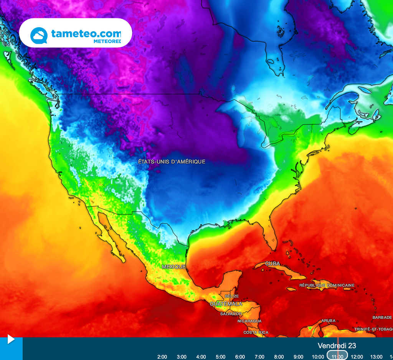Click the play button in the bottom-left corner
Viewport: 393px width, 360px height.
pos(11,339)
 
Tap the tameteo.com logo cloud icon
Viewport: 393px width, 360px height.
pos(39,35)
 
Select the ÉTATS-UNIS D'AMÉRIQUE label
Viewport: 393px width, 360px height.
pos(172,162)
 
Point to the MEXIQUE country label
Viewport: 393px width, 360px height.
pos(173,266)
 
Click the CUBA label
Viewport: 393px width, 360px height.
pos(272,264)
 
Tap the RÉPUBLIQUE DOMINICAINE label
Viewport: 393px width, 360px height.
pos(327,285)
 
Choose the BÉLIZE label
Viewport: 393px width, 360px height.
pos(232,296)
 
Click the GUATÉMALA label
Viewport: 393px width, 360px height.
pos(226,304)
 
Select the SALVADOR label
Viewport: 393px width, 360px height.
pos(231,314)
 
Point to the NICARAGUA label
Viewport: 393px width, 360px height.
pos(249,321)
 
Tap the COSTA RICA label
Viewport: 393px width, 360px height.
pos(256,332)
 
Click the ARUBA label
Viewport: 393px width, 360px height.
pos(329,320)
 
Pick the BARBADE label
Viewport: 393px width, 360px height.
pos(382,317)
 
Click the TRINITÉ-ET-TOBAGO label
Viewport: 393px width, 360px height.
pos(373,329)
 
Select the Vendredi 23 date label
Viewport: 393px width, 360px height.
pos(337,346)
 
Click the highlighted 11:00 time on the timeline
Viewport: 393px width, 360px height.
pos(337,357)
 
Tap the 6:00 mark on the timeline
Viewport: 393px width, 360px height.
pos(240,357)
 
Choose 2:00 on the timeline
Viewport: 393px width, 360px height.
pos(162,357)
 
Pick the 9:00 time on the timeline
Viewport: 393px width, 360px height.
pos(298,357)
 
